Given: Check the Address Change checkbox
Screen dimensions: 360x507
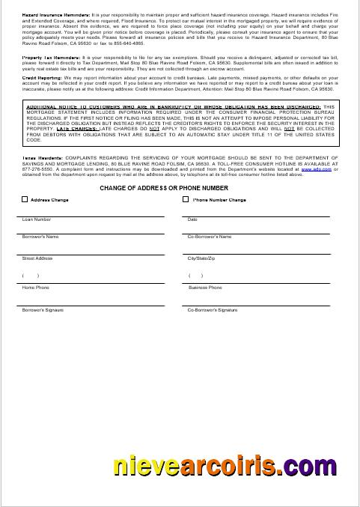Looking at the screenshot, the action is (x=25, y=200).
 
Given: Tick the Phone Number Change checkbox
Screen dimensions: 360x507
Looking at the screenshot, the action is (x=186, y=200).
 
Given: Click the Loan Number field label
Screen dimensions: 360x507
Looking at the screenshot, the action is (x=37, y=219).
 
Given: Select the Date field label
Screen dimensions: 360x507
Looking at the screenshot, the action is (x=192, y=219).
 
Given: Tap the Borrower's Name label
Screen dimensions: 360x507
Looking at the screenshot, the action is (x=40, y=237).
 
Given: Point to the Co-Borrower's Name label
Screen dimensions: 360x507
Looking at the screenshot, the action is (x=209, y=237).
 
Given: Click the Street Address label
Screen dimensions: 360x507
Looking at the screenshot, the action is (x=37, y=258).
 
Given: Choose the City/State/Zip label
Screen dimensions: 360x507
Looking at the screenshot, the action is (x=201, y=258).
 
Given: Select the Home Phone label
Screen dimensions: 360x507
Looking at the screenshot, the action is (x=35, y=288).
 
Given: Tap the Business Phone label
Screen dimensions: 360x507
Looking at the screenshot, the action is (x=205, y=288).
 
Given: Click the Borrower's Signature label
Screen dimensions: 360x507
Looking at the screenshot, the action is (x=43, y=309).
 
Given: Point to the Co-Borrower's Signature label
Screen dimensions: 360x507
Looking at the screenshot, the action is (x=211, y=309).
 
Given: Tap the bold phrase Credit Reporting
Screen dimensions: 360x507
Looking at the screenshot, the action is (x=40, y=77).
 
